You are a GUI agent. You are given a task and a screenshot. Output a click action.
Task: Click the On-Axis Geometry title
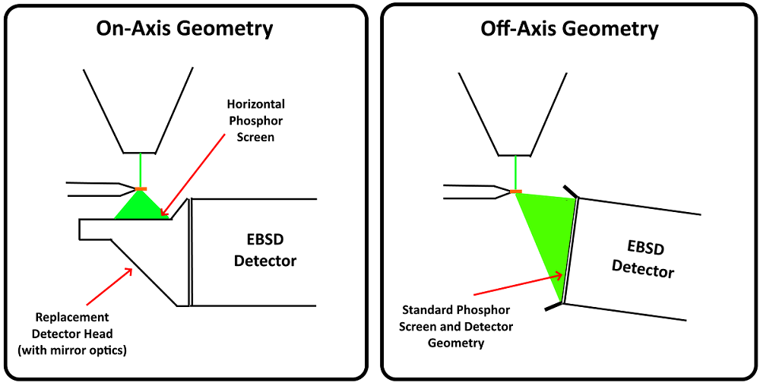[x=184, y=30]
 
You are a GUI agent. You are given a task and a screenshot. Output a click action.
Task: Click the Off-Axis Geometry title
[x=569, y=30]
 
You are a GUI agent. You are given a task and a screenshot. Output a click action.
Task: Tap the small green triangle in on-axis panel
[x=141, y=206]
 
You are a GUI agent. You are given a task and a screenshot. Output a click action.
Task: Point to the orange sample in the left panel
[x=141, y=188]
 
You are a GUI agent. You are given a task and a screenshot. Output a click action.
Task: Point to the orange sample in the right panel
[x=516, y=191]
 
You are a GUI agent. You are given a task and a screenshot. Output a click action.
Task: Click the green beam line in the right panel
[x=516, y=170]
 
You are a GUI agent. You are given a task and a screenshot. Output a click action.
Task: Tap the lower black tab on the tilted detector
[x=554, y=307]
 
